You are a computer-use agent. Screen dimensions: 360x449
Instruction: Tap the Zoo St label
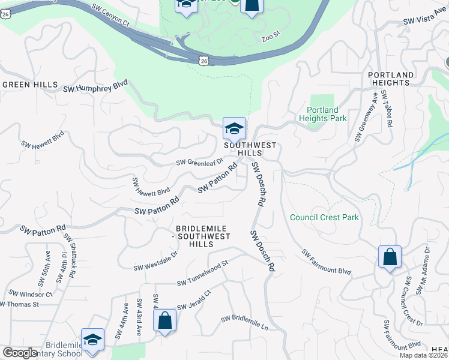(x=271, y=38)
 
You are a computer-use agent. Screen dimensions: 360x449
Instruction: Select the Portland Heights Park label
(x=323, y=114)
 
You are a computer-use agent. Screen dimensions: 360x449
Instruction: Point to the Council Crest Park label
(x=324, y=217)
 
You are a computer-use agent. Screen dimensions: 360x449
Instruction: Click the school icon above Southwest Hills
(x=234, y=128)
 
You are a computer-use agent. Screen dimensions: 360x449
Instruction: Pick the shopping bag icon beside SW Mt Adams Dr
(x=390, y=257)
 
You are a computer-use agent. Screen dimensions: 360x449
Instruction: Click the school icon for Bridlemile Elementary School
(x=92, y=340)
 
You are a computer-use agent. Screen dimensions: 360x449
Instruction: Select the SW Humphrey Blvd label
(x=96, y=87)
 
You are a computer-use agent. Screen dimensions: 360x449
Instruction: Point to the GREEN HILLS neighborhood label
(x=30, y=85)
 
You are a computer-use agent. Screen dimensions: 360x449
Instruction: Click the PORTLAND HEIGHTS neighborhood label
(x=391, y=79)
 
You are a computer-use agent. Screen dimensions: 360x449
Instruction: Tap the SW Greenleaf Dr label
(x=199, y=162)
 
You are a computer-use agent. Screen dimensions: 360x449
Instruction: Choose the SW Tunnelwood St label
(x=203, y=273)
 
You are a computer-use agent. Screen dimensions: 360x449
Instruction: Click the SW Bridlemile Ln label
(x=244, y=322)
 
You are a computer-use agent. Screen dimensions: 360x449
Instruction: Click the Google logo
(x=20, y=353)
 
